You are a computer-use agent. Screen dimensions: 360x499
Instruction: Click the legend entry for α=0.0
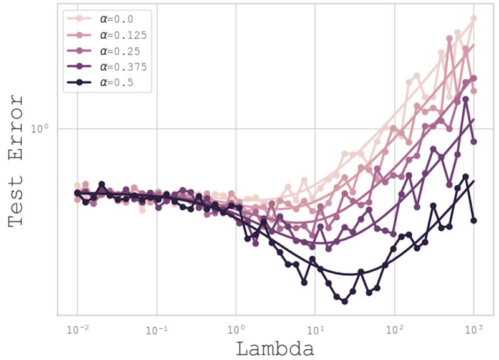pyautogui.click(x=116, y=19)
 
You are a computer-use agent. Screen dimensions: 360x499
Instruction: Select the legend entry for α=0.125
pyautogui.click(x=122, y=35)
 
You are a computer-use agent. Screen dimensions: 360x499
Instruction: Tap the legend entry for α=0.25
pyautogui.click(x=119, y=51)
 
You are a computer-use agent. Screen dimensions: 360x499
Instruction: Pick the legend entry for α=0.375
pyautogui.click(x=122, y=66)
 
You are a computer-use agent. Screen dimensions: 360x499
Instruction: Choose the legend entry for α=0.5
pyautogui.click(x=116, y=82)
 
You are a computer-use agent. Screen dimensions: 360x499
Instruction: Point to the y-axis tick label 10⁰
pyautogui.click(x=41, y=129)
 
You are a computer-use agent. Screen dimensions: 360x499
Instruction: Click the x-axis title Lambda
pyautogui.click(x=274, y=348)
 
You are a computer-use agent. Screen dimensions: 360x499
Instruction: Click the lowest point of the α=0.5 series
pyautogui.click(x=344, y=301)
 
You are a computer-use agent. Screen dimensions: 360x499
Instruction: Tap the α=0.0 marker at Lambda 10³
pyautogui.click(x=473, y=19)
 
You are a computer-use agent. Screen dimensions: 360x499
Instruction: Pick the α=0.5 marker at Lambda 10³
pyautogui.click(x=473, y=220)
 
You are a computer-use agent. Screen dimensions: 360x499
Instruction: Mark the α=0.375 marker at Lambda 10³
pyautogui.click(x=473, y=142)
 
